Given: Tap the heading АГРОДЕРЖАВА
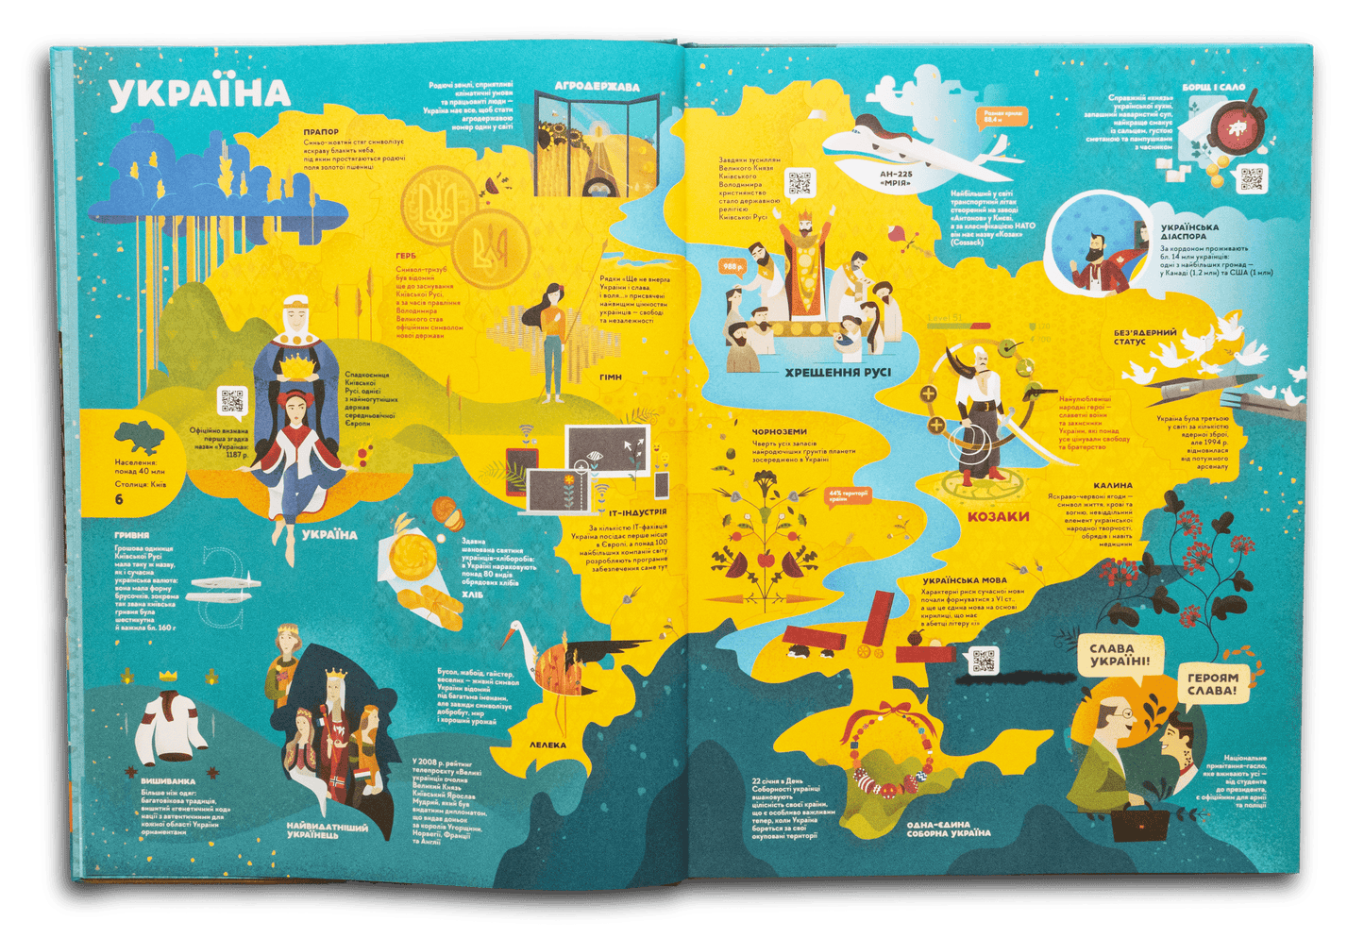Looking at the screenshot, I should (x=597, y=87).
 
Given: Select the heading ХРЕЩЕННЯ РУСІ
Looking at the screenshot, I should (x=837, y=373).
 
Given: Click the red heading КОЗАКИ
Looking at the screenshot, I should (x=998, y=516).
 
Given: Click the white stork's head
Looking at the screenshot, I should (x=516, y=629).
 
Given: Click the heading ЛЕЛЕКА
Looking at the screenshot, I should (x=547, y=745).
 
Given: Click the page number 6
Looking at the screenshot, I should (x=119, y=499).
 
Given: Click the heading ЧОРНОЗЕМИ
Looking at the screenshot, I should (x=780, y=432).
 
